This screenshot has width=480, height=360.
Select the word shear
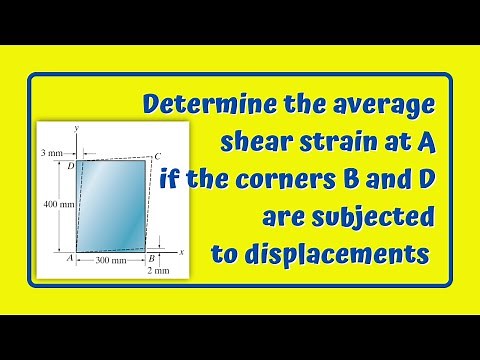point(256,143)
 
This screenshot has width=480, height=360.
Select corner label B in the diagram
point(149,257)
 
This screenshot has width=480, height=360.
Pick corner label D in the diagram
point(69,166)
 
